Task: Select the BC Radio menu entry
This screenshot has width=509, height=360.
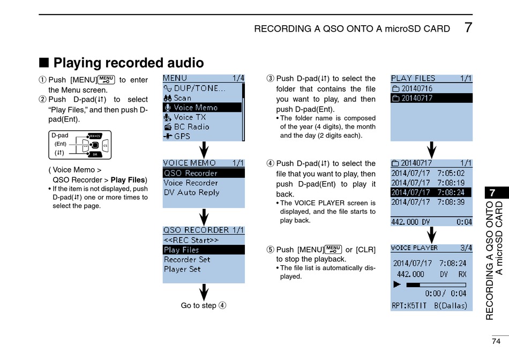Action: pyautogui.click(x=191, y=127)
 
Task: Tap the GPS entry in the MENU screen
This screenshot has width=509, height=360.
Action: pyautogui.click(x=182, y=137)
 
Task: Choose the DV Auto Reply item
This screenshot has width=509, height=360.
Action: pyautogui.click(x=191, y=192)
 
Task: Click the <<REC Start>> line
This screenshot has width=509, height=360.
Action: pyautogui.click(x=191, y=240)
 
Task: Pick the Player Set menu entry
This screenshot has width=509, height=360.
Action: pyautogui.click(x=182, y=269)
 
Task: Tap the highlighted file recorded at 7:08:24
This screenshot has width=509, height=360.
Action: pyautogui.click(x=431, y=192)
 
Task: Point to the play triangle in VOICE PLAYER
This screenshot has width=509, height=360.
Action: pyautogui.click(x=397, y=284)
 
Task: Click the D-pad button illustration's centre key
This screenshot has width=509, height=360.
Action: pyautogui.click(x=94, y=145)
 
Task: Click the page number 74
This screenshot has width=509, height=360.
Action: pyautogui.click(x=496, y=341)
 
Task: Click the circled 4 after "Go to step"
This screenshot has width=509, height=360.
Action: pyautogui.click(x=222, y=305)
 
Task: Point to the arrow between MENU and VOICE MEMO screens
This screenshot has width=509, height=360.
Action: pyautogui.click(x=204, y=149)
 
